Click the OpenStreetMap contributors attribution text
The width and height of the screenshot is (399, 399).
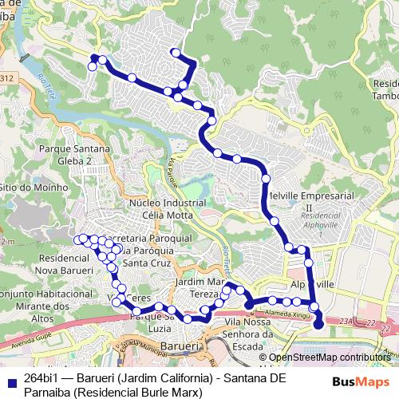[330, 358]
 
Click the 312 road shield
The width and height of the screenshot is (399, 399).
[7, 77]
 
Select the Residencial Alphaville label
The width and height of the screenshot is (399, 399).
[322, 220]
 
